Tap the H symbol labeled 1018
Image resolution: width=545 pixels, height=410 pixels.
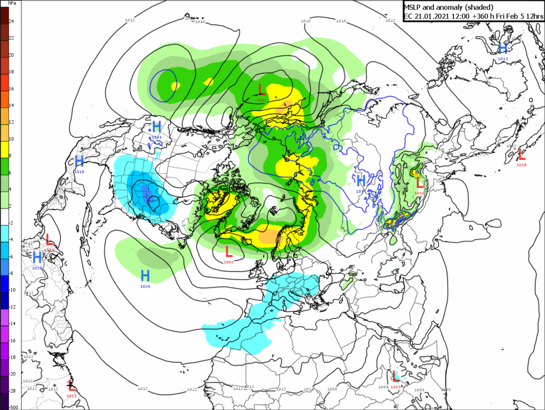[x=79, y=161]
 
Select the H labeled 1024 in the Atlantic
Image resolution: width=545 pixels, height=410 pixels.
[x=145, y=275]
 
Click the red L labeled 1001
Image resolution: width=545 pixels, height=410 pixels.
[x=262, y=89]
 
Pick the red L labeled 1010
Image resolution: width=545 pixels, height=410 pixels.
[x=419, y=181]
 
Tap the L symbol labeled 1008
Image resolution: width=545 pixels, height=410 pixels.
[x=521, y=153]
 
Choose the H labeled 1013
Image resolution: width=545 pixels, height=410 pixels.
[x=503, y=48]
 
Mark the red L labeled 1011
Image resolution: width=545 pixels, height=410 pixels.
[x=72, y=385]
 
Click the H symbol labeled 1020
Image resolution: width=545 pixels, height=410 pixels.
[x=37, y=257]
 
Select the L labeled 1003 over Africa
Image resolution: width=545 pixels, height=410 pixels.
[x=395, y=376]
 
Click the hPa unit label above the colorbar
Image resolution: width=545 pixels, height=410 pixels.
[x=11, y=4]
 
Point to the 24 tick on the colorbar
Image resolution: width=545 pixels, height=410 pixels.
[x=11, y=22]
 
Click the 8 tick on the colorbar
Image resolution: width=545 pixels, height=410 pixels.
[x=11, y=155]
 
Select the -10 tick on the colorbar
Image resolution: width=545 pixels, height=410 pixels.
[x=12, y=290]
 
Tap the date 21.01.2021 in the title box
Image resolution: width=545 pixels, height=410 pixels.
[x=431, y=16]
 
